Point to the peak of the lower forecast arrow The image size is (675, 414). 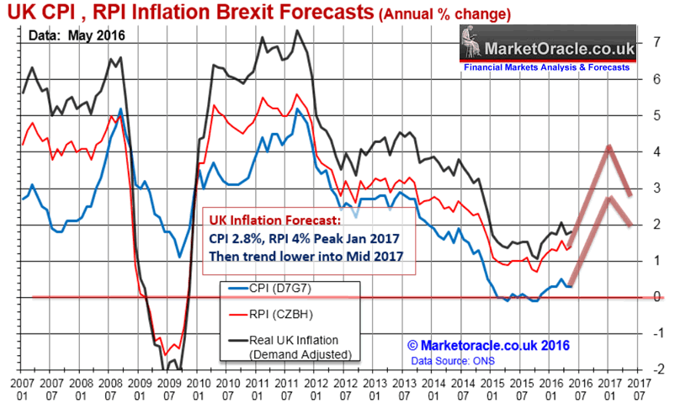coord(608,199)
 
